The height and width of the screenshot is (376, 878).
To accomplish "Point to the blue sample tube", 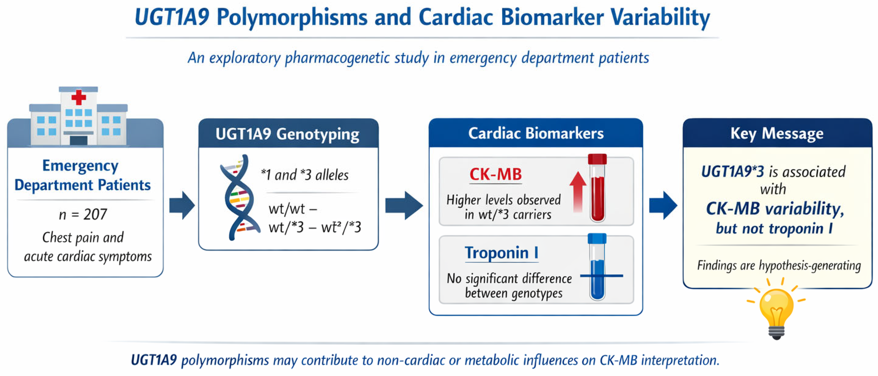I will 597,267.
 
